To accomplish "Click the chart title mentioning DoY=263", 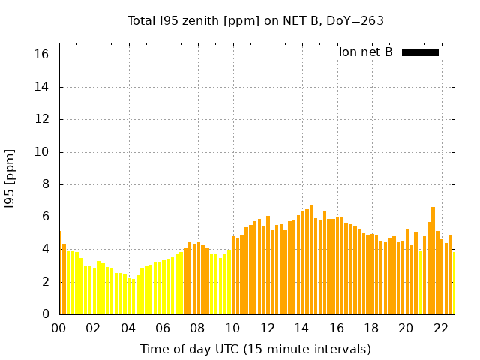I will (255, 20).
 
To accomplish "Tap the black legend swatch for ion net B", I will (420, 52).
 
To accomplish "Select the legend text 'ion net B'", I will (365, 52).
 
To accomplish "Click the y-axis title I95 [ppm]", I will (10, 178).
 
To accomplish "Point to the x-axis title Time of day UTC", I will (255, 349).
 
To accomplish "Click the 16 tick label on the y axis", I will (42, 55).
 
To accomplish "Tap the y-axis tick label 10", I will (42, 152).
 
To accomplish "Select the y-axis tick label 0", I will (45, 314).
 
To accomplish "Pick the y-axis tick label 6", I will (45, 217).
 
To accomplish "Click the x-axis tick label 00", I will (58, 328).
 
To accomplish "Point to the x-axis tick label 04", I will (128, 328).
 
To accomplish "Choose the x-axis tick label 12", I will (267, 328).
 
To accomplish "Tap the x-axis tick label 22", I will (441, 328).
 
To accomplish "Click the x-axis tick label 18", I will (371, 328).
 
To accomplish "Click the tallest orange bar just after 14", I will (311, 259).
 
